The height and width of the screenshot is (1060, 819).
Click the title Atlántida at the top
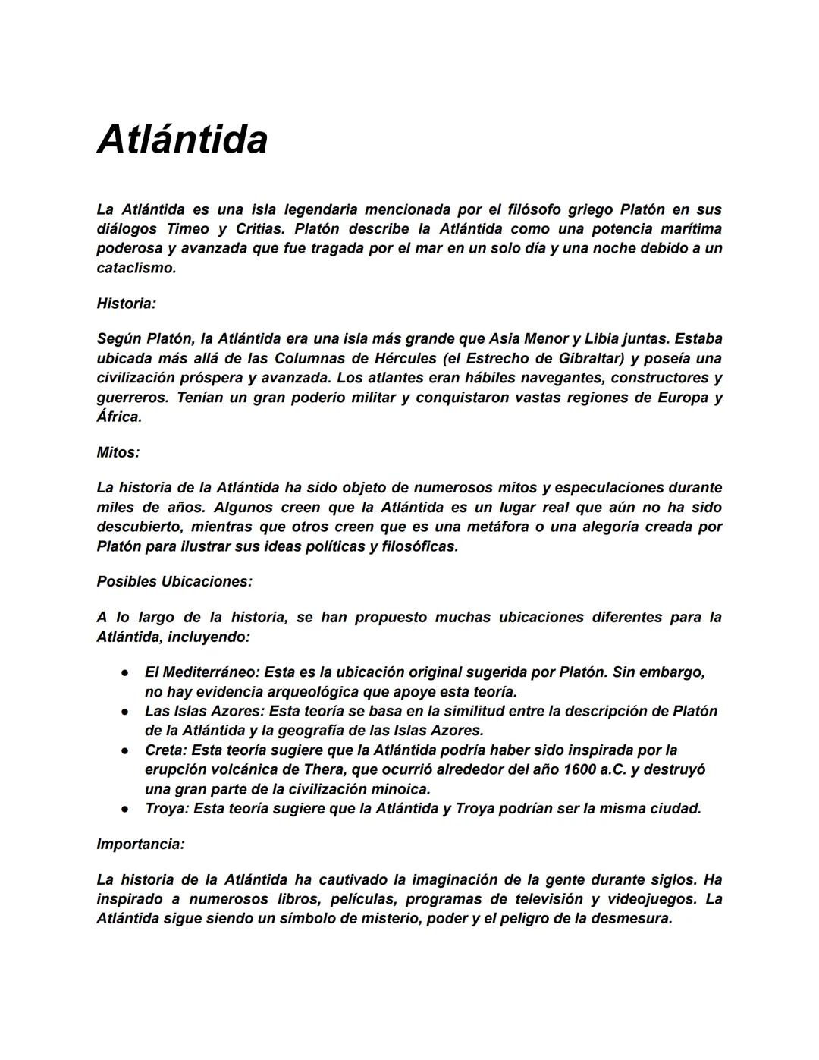tap(182, 140)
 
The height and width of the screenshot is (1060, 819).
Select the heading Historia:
tap(126, 304)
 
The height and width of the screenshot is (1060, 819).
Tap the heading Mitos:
tap(118, 452)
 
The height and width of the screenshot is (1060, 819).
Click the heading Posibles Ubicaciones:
tap(174, 581)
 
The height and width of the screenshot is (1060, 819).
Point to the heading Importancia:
tap(140, 844)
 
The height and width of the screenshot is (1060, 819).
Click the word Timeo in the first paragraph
tap(187, 229)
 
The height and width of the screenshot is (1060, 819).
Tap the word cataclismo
tap(136, 268)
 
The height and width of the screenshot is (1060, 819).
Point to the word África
tap(119, 417)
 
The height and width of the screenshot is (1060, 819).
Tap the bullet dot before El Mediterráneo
tap(124, 673)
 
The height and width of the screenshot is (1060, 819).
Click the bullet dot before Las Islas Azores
tap(124, 712)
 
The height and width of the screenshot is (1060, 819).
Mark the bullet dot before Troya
tap(124, 809)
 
